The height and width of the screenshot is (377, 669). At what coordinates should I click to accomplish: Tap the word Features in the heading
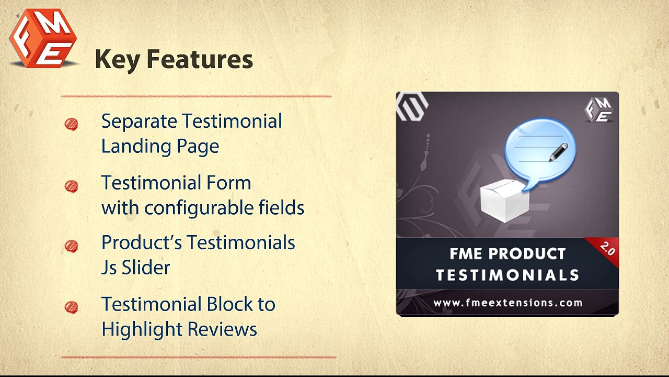[x=199, y=60]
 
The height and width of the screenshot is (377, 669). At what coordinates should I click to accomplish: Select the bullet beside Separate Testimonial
[x=71, y=124]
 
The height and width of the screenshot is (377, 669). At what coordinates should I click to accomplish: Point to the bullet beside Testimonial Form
[x=71, y=186]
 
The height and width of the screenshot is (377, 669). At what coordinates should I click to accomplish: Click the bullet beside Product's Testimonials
[x=71, y=246]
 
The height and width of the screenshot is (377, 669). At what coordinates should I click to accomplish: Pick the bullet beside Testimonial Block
[x=71, y=307]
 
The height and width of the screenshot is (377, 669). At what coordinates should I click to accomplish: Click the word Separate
[x=139, y=121]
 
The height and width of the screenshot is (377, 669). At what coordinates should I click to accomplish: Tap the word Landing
[x=130, y=146]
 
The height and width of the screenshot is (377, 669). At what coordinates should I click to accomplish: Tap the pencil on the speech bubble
[x=557, y=151]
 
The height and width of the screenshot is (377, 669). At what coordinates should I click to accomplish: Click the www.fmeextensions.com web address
[x=507, y=303]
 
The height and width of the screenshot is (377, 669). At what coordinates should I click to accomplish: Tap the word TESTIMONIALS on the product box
[x=507, y=275]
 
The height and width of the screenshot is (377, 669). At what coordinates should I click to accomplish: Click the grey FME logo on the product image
[x=598, y=109]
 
